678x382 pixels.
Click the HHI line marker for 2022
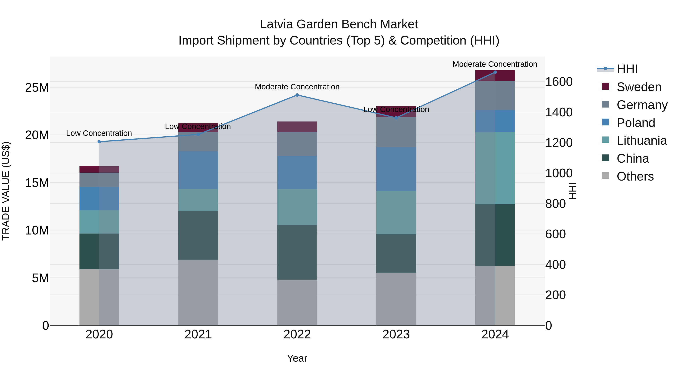pyautogui.click(x=297, y=95)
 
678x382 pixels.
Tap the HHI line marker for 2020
pyautogui.click(x=99, y=142)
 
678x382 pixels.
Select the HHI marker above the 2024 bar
pyautogui.click(x=495, y=72)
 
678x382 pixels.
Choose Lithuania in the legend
pyautogui.click(x=641, y=141)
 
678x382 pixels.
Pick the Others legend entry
pyautogui.click(x=635, y=176)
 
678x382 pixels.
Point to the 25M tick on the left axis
pyautogui.click(x=37, y=88)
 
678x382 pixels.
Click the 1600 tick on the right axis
pyautogui.click(x=559, y=82)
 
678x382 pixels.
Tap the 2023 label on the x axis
pyautogui.click(x=396, y=334)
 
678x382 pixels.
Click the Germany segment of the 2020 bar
pyautogui.click(x=99, y=180)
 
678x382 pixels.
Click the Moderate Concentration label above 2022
pyautogui.click(x=297, y=87)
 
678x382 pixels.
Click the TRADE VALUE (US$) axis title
pyautogui.click(x=6, y=191)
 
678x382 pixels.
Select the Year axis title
pyautogui.click(x=297, y=358)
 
